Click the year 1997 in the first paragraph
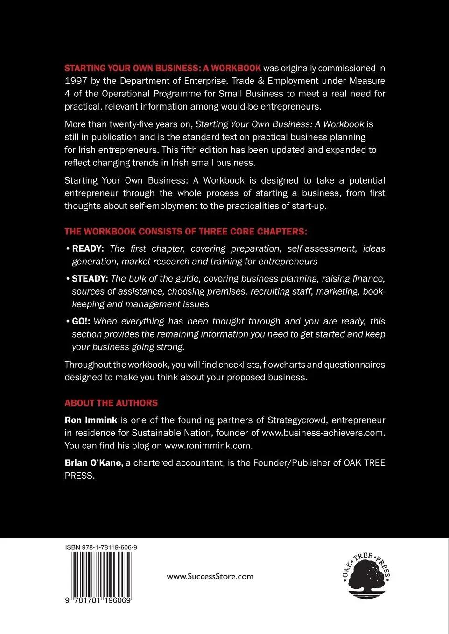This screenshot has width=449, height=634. click(x=75, y=81)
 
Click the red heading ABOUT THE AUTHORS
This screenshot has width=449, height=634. click(x=111, y=403)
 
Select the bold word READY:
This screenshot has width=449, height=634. click(x=88, y=249)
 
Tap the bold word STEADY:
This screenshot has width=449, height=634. click(x=90, y=279)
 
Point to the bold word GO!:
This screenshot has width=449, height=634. click(x=81, y=322)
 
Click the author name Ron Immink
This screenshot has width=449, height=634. click(x=91, y=420)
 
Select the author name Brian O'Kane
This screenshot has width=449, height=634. click(x=94, y=463)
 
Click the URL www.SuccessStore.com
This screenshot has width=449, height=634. click(x=210, y=577)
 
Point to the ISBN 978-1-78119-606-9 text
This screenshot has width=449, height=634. click(x=101, y=547)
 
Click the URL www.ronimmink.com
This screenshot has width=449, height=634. click(x=208, y=446)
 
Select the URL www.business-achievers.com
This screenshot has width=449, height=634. click(x=323, y=433)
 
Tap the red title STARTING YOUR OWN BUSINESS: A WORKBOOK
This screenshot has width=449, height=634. click(x=162, y=68)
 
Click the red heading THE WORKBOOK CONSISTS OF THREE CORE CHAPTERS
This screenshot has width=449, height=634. click(x=186, y=232)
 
